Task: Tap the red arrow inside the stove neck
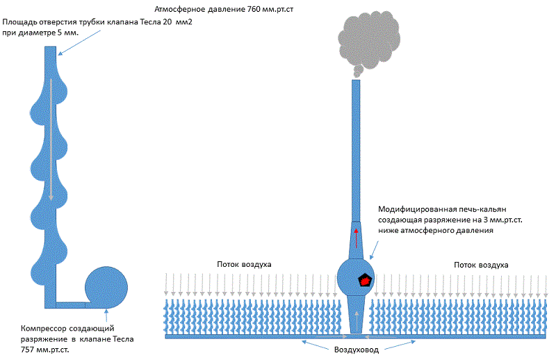(356, 237)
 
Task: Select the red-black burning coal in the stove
(363, 280)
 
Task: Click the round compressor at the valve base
(106, 286)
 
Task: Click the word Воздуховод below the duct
(356, 349)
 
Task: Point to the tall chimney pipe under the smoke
(356, 146)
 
